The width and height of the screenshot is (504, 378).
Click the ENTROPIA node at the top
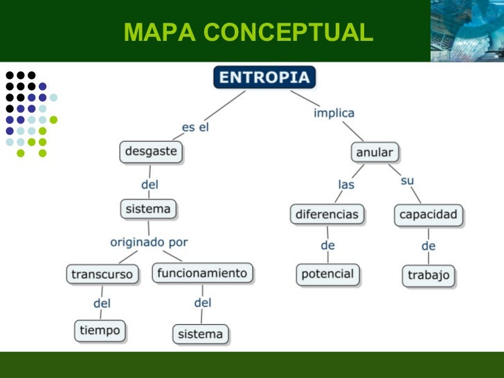point(264,78)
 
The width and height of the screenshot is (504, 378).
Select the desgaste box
point(151,152)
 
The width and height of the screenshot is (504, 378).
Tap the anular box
point(375,152)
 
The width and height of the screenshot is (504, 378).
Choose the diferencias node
point(327,214)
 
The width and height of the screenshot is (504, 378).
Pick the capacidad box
point(429,215)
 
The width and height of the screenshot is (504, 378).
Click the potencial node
point(327,274)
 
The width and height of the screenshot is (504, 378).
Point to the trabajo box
point(429,276)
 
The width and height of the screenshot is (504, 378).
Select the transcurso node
point(102,274)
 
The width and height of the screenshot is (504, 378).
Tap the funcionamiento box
point(202,273)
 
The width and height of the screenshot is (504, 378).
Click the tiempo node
point(100,331)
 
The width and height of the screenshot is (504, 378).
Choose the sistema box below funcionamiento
point(200,334)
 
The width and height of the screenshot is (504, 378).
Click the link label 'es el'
point(195,127)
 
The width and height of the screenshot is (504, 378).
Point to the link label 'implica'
point(334,113)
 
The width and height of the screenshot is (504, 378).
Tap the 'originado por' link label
point(149,242)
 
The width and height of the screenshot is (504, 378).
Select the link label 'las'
point(346,185)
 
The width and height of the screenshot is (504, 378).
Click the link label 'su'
point(407,181)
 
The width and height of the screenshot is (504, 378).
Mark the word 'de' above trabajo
point(429,246)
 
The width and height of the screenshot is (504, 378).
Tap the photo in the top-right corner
point(467,31)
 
